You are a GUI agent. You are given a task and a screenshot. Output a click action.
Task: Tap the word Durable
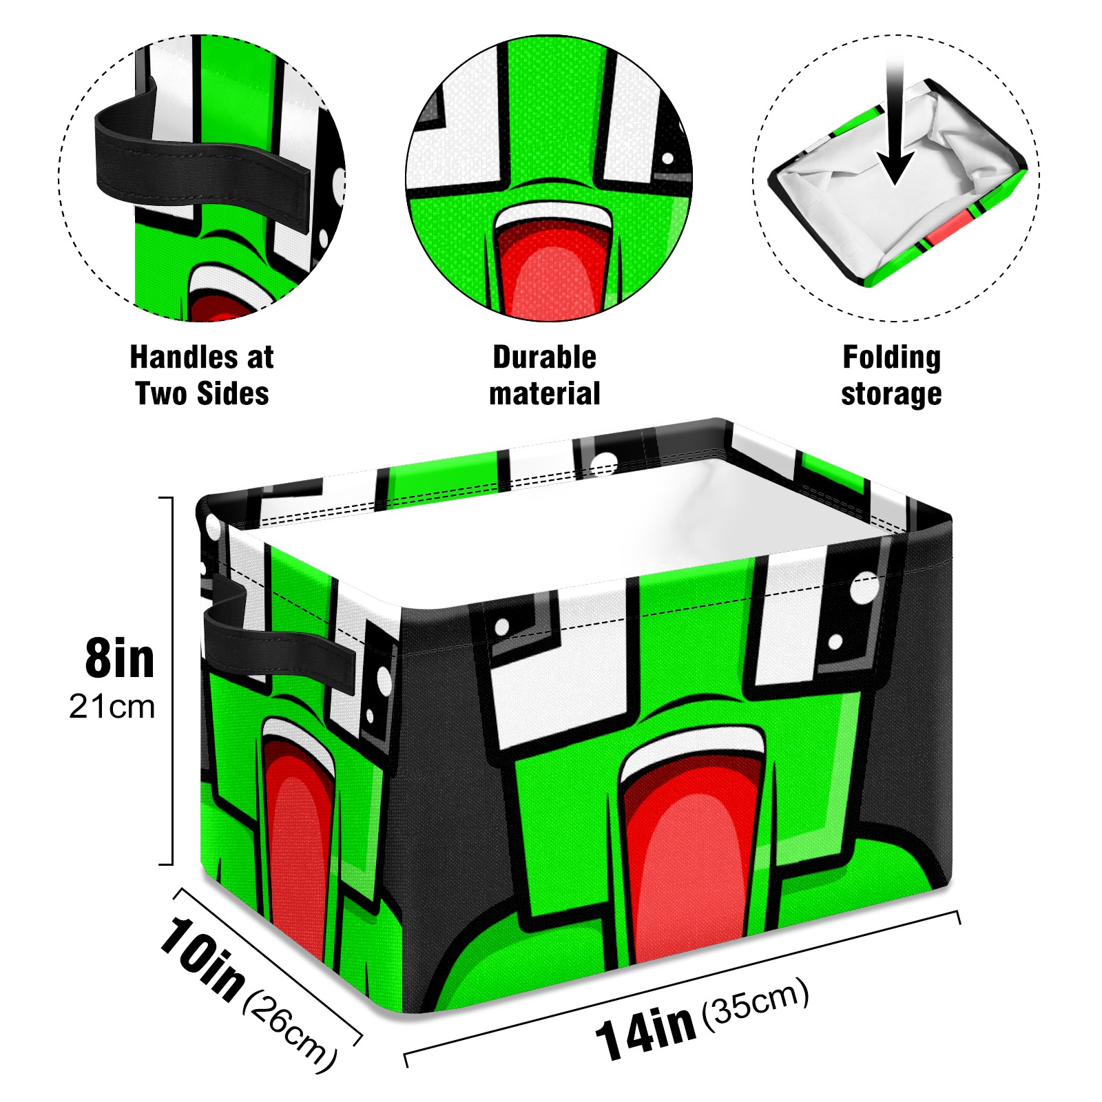coord(544,357)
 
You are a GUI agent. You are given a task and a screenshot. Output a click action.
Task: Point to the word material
coord(544,394)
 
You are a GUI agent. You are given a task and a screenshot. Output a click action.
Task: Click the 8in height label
coord(120,659)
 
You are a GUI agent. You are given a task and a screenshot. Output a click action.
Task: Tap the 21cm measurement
coord(112,707)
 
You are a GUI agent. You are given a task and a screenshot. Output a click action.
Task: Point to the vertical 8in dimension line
coord(171,680)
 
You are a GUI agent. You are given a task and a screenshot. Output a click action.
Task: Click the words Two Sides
coord(202,394)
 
